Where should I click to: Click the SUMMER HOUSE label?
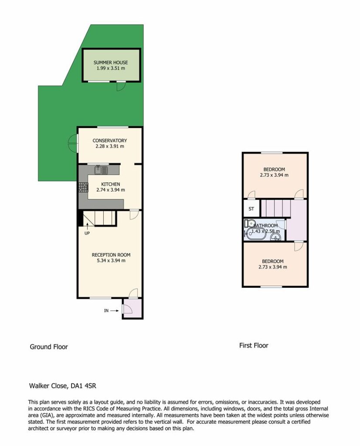[110, 63]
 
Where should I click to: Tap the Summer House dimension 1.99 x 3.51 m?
[110, 68]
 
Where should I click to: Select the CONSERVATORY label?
[109, 141]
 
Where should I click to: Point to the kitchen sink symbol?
[101, 170]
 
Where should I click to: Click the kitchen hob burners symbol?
[83, 187]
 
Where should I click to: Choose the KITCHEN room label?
[110, 184]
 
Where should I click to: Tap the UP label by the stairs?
[87, 233]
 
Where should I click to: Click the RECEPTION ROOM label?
[111, 255]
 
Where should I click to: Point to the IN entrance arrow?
[114, 311]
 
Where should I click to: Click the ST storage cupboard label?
[251, 209]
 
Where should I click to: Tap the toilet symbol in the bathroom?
[250, 223]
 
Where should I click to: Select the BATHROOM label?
[265, 226]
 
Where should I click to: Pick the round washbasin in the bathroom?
[276, 237]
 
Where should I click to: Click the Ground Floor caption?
[49, 347]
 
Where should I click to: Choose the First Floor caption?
[254, 345]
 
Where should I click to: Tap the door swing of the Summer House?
[121, 87]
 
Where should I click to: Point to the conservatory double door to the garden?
[73, 143]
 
